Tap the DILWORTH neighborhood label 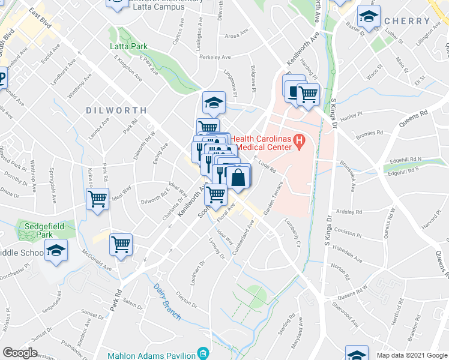(116, 110)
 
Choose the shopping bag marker (238, 178)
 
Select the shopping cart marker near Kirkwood (97, 198)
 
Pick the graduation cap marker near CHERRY (369, 16)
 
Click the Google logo (20, 352)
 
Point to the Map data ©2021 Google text (412, 355)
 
